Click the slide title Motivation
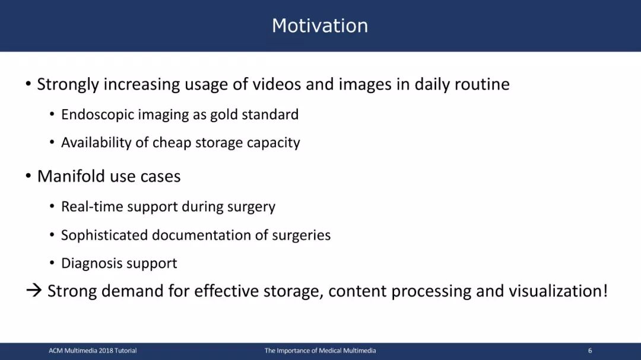pyautogui.click(x=320, y=26)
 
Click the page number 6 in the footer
pyautogui.click(x=590, y=351)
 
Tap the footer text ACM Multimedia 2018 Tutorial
pyautogui.click(x=93, y=351)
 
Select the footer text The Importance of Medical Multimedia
pyautogui.click(x=320, y=351)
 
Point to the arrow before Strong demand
pyautogui.click(x=34, y=291)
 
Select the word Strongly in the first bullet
pyautogui.click(x=68, y=85)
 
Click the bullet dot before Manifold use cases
pyautogui.click(x=28, y=176)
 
